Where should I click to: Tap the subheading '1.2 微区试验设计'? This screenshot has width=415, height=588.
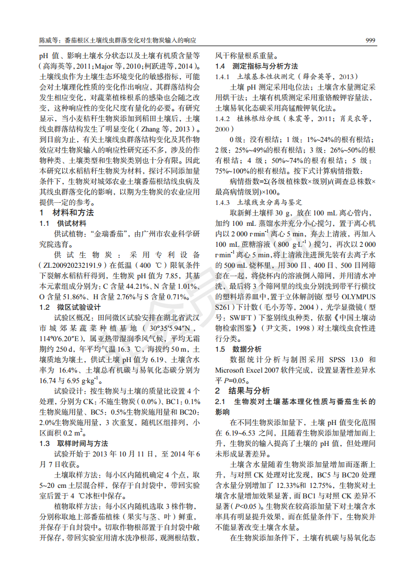click(70, 307)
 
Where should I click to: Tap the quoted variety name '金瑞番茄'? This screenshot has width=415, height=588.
click(110, 234)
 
